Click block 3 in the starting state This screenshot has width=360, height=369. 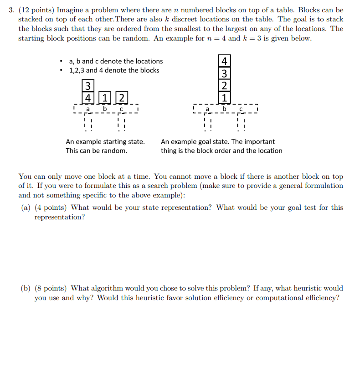(x=87, y=85)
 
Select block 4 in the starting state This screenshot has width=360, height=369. (x=87, y=97)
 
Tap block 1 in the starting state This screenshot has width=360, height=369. (x=105, y=97)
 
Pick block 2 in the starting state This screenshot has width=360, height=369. (x=122, y=97)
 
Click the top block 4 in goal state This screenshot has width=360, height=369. (x=224, y=61)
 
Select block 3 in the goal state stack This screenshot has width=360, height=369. (x=224, y=73)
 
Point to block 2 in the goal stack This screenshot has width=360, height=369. (x=224, y=85)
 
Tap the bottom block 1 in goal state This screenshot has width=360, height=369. (x=224, y=98)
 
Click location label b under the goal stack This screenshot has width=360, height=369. (x=224, y=109)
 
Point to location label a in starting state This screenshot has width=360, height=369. (x=88, y=109)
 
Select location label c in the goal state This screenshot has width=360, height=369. (x=241, y=109)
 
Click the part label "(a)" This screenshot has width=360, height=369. (x=26, y=208)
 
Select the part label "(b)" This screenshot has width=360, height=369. (x=26, y=288)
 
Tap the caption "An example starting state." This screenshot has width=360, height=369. (x=105, y=142)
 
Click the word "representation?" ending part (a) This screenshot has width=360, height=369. (x=60, y=217)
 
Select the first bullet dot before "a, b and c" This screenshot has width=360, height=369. (x=60, y=61)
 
